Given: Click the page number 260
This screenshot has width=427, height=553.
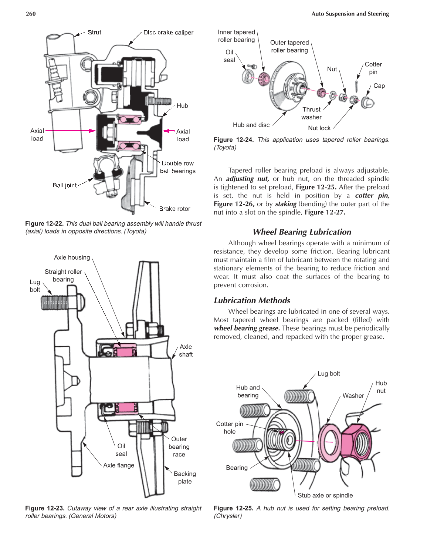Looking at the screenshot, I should pyautogui.click(x=31, y=14).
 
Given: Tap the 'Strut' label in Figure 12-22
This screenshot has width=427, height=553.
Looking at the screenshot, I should pyautogui.click(x=94, y=33).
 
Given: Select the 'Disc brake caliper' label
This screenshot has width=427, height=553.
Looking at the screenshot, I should pyautogui.click(x=168, y=33).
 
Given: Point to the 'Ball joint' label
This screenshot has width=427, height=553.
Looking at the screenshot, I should pyautogui.click(x=65, y=185).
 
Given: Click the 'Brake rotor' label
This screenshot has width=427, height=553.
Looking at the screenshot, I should pyautogui.click(x=174, y=209).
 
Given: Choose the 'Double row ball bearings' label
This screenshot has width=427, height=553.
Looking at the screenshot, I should pyautogui.click(x=178, y=167).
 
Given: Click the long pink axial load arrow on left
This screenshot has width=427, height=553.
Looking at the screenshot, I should pyautogui.click(x=70, y=131).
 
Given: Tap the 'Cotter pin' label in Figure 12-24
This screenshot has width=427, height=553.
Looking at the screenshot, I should pyautogui.click(x=373, y=68).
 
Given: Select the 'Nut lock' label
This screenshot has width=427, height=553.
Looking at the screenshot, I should pyautogui.click(x=319, y=128).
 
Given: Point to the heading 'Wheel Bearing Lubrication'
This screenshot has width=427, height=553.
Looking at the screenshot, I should pyautogui.click(x=302, y=232).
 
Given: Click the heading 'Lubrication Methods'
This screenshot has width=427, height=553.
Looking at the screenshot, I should pyautogui.click(x=252, y=300).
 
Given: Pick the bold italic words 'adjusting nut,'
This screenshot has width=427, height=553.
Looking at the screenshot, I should pyautogui.click(x=247, y=179).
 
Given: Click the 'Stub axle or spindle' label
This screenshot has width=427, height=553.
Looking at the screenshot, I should pyautogui.click(x=325, y=495).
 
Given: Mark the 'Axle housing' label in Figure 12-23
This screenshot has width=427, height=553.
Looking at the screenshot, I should pyautogui.click(x=72, y=257).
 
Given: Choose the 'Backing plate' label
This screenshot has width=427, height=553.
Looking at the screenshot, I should pyautogui.click(x=184, y=478).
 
